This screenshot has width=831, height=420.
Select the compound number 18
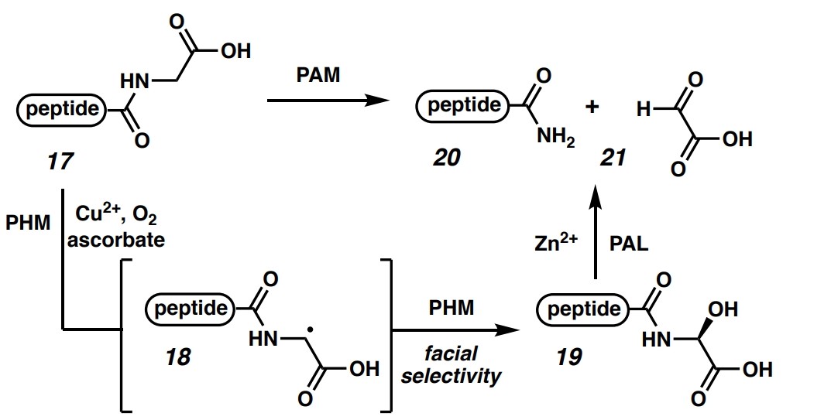[177, 357]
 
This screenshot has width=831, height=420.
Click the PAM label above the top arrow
[318, 77]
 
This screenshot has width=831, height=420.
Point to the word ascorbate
[115, 239]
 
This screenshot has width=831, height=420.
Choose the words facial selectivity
[452, 365]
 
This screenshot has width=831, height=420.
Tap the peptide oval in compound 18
[191, 309]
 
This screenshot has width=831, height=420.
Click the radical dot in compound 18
[310, 328]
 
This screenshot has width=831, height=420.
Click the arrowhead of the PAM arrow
[379, 100]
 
